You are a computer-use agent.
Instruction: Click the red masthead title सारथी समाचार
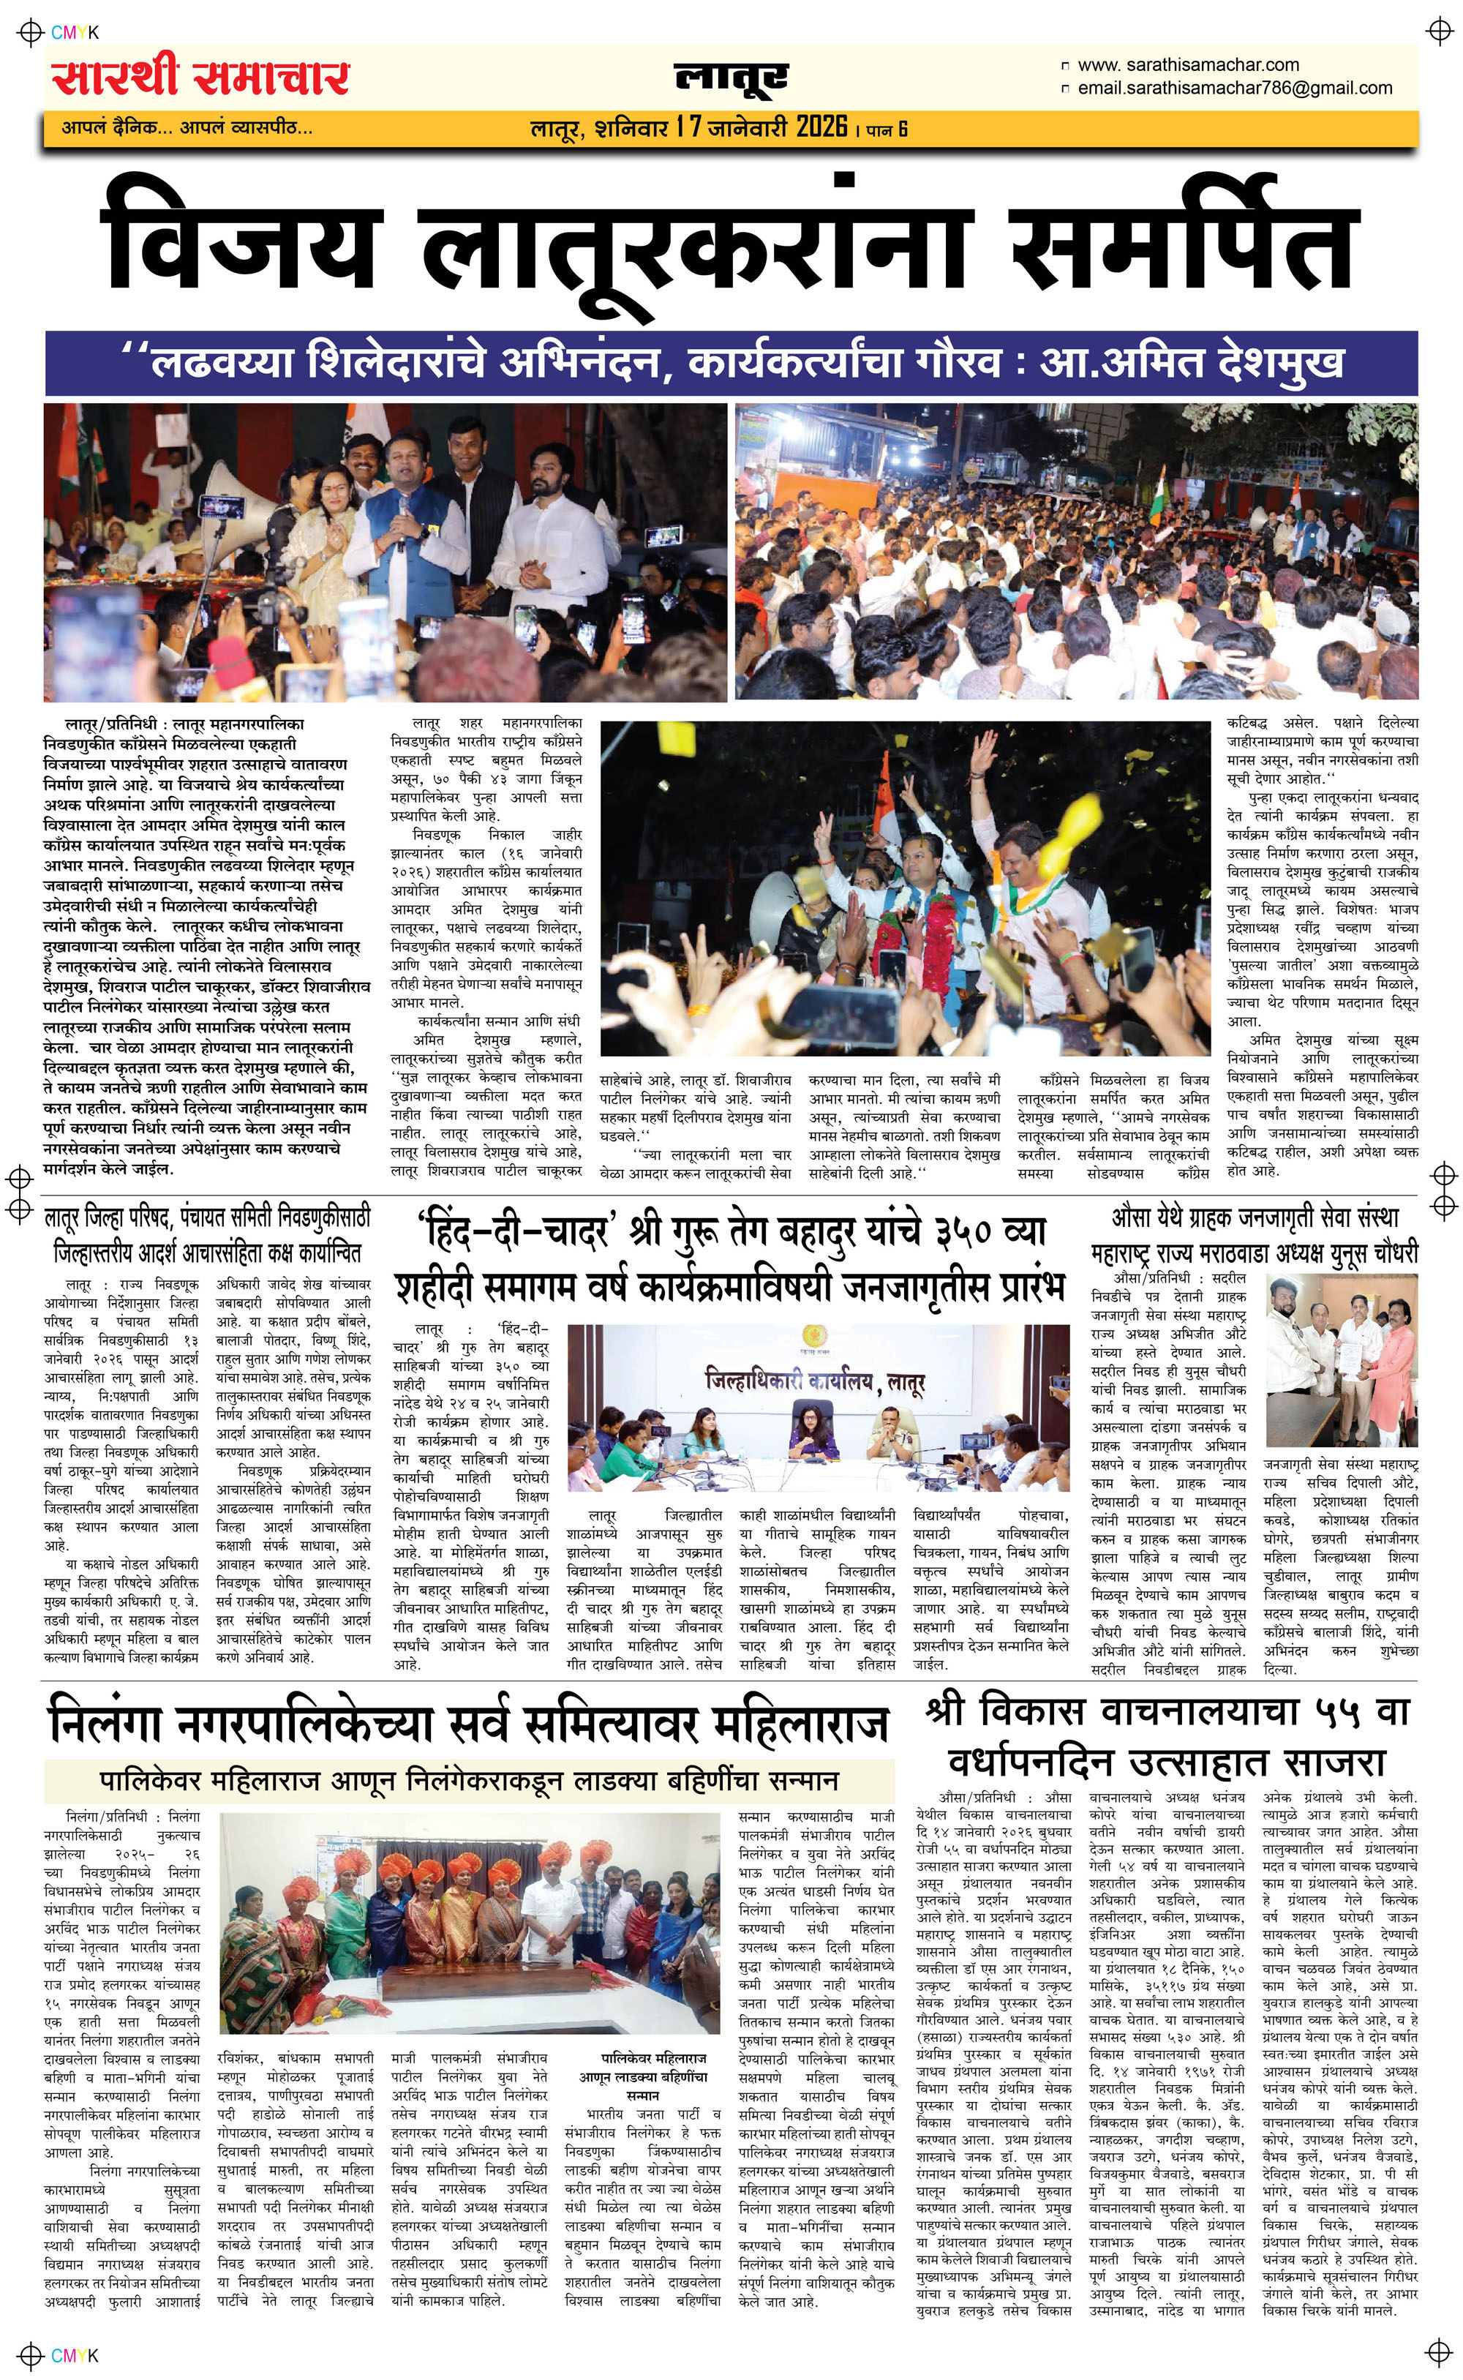[200, 78]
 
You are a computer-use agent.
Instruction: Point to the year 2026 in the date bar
[821, 127]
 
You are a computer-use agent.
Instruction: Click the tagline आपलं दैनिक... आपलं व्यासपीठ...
[187, 127]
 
